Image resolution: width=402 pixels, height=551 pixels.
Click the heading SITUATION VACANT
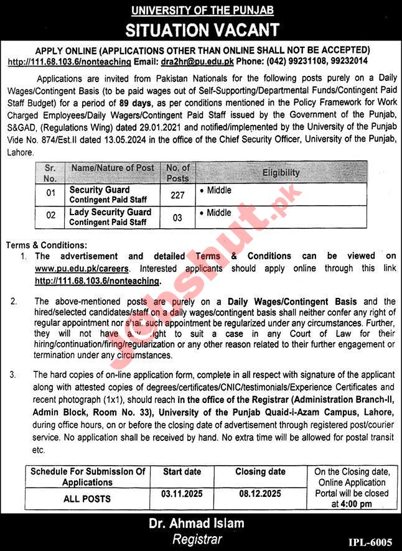click(202, 29)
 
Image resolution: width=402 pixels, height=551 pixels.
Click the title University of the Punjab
click(202, 10)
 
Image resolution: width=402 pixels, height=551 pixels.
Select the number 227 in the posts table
click(177, 195)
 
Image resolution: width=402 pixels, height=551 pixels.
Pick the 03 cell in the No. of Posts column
click(177, 217)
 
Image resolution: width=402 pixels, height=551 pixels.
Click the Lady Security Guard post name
click(110, 212)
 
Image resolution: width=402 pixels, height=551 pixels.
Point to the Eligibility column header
click(281, 172)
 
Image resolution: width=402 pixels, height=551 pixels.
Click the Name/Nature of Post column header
click(112, 168)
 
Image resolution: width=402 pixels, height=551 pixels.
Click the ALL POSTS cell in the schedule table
click(88, 499)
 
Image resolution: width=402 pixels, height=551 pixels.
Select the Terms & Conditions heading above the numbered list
click(47, 246)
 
